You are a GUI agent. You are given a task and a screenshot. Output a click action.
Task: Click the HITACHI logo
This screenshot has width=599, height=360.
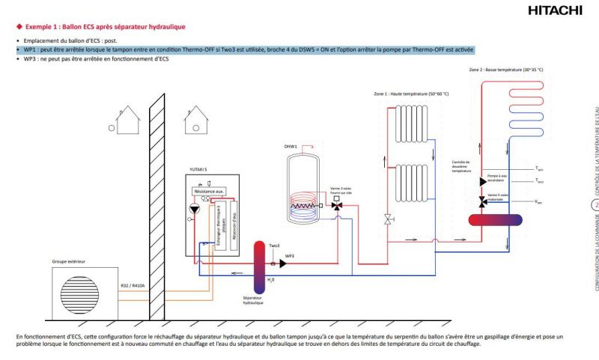click(555, 10)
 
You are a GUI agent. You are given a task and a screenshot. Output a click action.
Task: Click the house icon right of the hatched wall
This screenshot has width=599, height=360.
click(197, 116)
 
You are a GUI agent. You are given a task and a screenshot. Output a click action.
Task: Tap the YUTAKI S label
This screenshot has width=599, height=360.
click(198, 169)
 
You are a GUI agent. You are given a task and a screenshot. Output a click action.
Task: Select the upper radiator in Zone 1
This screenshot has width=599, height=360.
click(414, 120)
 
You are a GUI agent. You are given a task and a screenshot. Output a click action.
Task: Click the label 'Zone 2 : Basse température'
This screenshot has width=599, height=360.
click(505, 69)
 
